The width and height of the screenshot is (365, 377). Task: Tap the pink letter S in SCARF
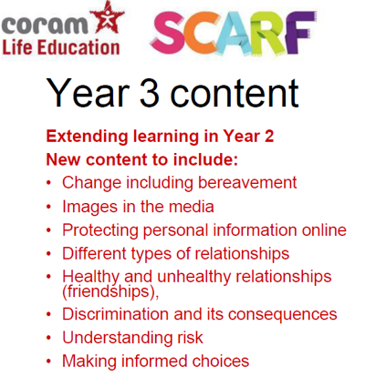click(169, 34)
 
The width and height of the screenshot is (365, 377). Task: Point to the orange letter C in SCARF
click(202, 34)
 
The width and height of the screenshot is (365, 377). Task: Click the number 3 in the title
click(150, 93)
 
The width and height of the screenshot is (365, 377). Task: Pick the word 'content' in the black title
click(235, 93)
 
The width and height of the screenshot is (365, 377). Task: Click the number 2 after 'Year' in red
click(268, 137)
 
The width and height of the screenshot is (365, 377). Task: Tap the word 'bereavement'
click(247, 183)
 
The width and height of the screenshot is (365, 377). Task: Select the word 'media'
click(192, 207)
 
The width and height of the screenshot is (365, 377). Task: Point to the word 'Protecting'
click(100, 230)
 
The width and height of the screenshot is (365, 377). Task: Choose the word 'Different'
click(94, 253)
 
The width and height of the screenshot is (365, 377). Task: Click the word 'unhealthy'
click(194, 277)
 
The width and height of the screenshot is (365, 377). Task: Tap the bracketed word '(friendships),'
click(110, 292)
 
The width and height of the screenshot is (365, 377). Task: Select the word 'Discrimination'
click(115, 314)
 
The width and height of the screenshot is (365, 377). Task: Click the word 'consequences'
click(283, 314)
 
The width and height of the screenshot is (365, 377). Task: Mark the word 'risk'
click(190, 337)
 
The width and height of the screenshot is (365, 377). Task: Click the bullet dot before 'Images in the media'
click(48, 207)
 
